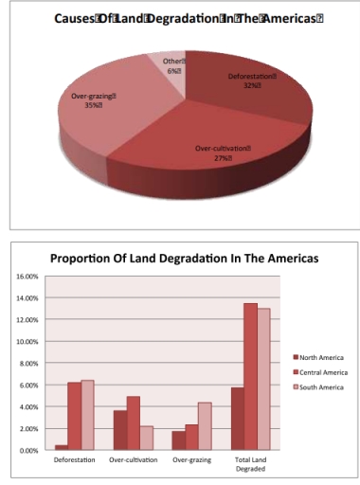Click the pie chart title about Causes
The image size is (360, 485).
(179, 21)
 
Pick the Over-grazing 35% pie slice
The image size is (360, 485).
(104, 109)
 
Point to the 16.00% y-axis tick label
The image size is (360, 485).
(25, 277)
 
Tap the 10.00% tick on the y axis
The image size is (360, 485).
(25, 342)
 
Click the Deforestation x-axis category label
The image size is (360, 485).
(72, 460)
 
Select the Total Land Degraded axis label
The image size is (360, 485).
(251, 464)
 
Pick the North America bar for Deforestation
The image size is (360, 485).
(61, 448)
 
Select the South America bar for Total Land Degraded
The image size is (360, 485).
(264, 380)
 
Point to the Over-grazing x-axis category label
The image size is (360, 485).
(192, 460)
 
